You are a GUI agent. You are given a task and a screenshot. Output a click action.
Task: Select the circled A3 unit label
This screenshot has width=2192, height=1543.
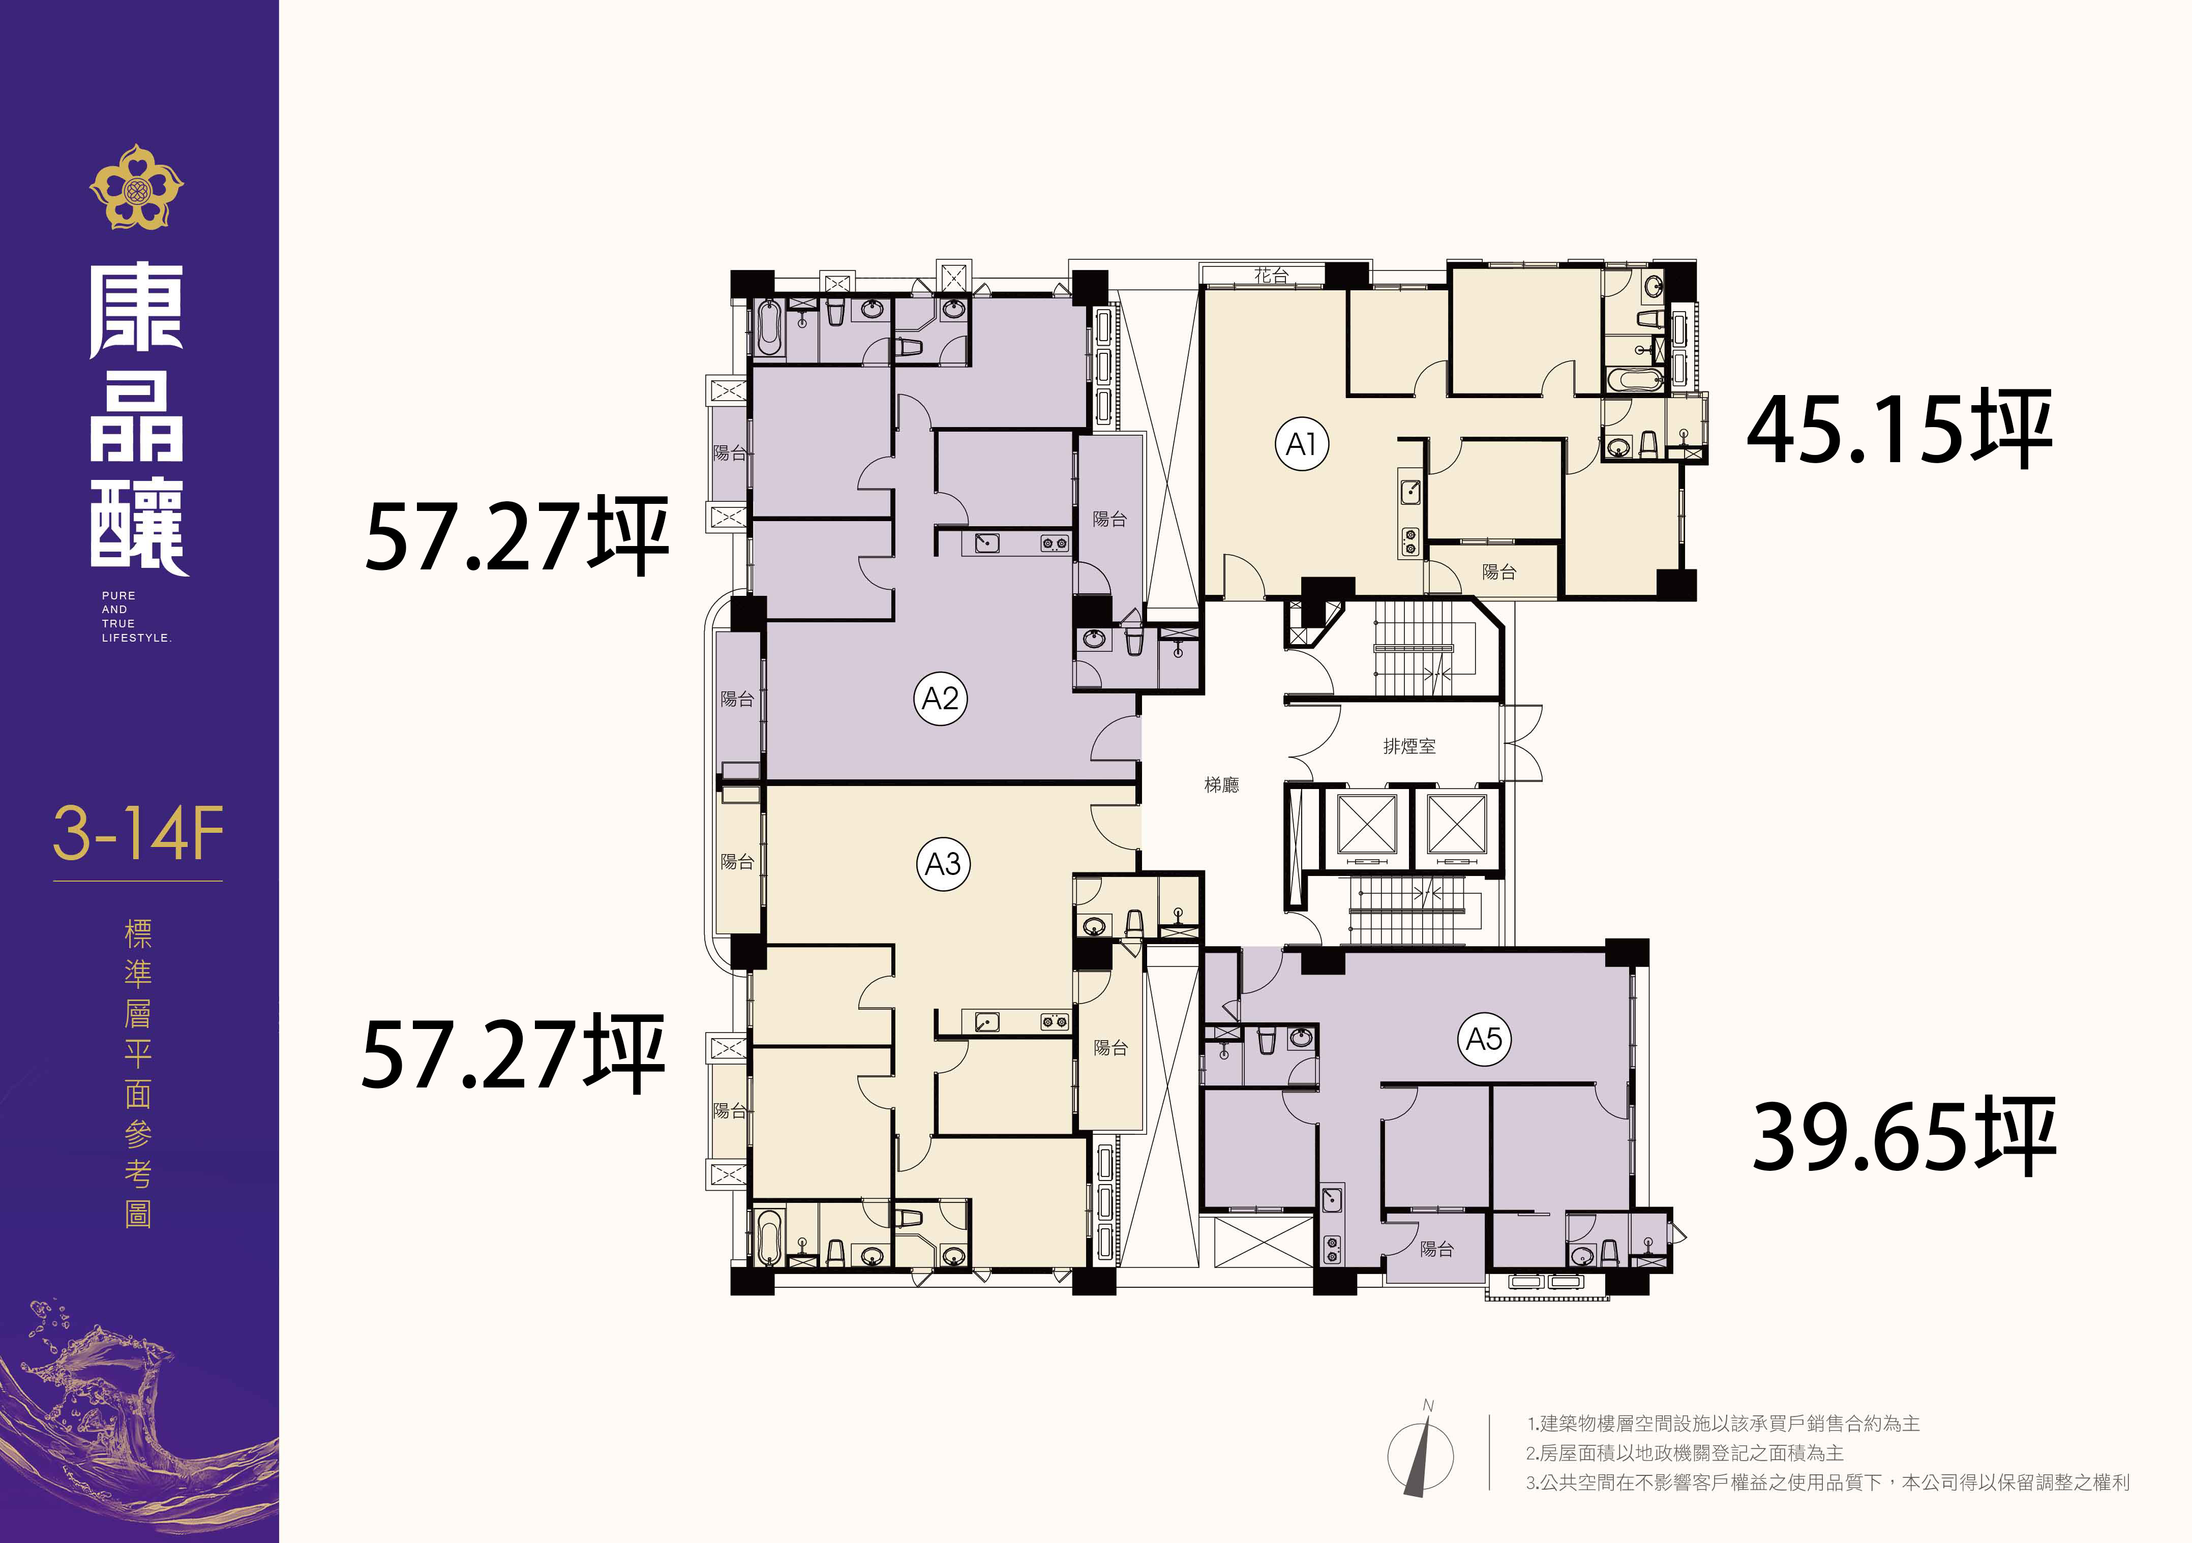pyautogui.click(x=943, y=864)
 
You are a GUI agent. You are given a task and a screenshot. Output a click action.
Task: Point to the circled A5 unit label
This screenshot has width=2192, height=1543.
pyautogui.click(x=1485, y=1039)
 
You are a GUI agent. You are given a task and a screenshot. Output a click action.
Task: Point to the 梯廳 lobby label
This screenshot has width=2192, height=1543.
pyautogui.click(x=1222, y=785)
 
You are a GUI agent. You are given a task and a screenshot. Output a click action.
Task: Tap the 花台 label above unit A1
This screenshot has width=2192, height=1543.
pyautogui.click(x=1272, y=275)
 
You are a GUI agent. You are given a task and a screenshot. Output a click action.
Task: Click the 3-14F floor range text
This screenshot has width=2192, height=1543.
pyautogui.click(x=138, y=834)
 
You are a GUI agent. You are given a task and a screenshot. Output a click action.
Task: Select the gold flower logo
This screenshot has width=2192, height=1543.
pyautogui.click(x=136, y=187)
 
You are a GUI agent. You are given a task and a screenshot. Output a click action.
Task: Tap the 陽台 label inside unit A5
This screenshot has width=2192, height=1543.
pyautogui.click(x=1437, y=1249)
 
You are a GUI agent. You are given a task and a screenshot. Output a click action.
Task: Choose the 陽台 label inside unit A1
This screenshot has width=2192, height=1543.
pyautogui.click(x=1499, y=572)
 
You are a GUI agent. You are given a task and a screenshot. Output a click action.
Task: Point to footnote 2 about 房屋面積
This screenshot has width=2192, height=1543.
pyautogui.click(x=1685, y=1453)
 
